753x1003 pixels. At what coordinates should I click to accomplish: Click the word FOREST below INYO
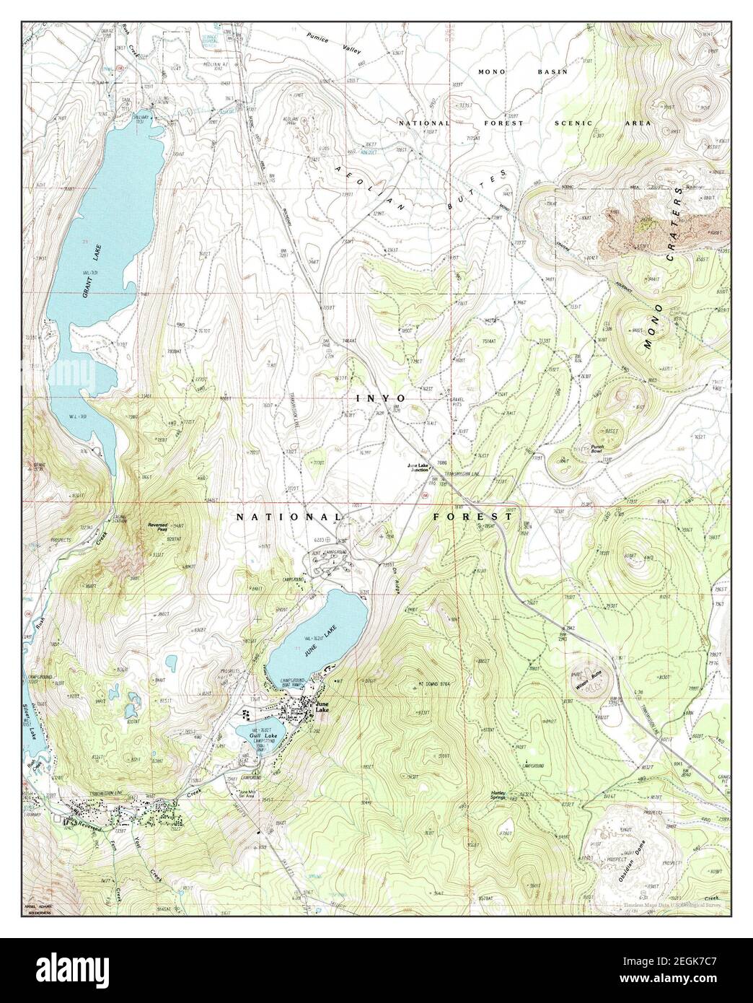click(x=472, y=517)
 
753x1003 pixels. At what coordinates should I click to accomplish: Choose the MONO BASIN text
click(x=523, y=72)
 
